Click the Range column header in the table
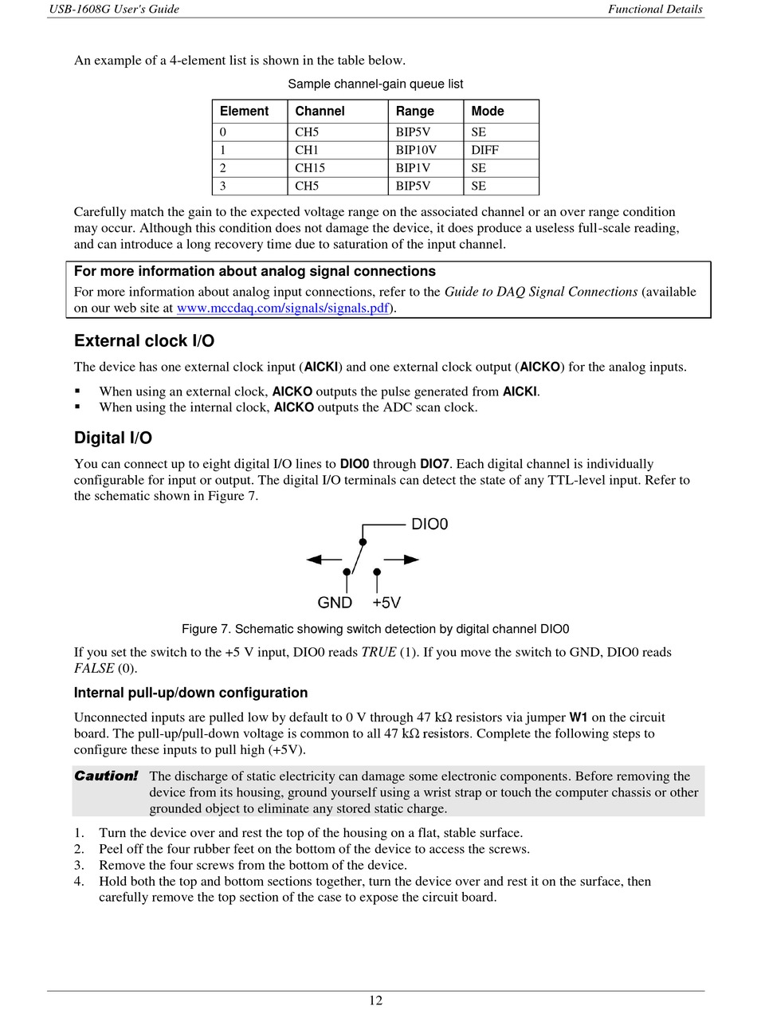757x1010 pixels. click(x=414, y=112)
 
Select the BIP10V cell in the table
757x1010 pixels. click(x=416, y=150)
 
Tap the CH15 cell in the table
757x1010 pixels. click(x=310, y=168)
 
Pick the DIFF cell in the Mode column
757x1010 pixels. click(x=484, y=150)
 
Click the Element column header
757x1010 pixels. click(x=244, y=112)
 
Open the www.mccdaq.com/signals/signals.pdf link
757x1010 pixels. click(x=283, y=309)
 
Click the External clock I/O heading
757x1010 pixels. click(x=144, y=341)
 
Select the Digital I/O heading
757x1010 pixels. click(x=113, y=438)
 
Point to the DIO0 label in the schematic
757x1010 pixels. click(x=429, y=525)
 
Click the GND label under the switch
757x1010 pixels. click(x=335, y=603)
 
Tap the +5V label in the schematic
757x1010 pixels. click(x=386, y=603)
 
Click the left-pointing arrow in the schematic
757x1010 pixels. click(x=324, y=560)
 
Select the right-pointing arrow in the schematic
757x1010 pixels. click(x=402, y=560)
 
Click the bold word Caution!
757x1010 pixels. click(x=106, y=776)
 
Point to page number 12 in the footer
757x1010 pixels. click(x=375, y=1000)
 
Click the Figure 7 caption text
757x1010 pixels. click(x=375, y=629)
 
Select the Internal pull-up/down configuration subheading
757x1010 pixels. click(x=190, y=693)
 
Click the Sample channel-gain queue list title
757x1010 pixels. click(x=375, y=84)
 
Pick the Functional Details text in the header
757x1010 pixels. click(x=655, y=10)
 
